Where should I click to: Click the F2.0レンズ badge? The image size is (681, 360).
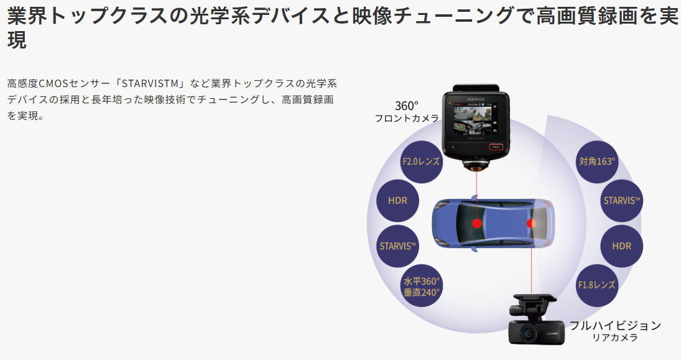pos(421,162)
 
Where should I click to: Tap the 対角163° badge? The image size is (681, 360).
pos(596,162)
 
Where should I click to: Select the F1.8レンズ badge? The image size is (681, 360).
pos(596,285)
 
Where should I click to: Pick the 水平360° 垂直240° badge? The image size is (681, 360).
pos(421,286)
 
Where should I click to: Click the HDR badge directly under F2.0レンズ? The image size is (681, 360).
pos(397,201)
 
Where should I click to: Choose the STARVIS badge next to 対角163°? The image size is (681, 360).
pos(621,201)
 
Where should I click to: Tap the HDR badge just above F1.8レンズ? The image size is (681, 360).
pos(621,246)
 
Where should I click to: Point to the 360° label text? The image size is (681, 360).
pos(407,106)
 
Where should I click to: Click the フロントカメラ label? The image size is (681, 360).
pos(407,118)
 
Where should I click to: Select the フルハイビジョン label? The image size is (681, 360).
pos(615,325)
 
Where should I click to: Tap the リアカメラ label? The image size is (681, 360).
pos(615,338)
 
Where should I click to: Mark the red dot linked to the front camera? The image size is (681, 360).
pos(477,223)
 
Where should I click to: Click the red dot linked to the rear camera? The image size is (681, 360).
pos(531,223)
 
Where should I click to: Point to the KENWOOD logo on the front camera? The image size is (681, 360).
pos(476,98)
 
